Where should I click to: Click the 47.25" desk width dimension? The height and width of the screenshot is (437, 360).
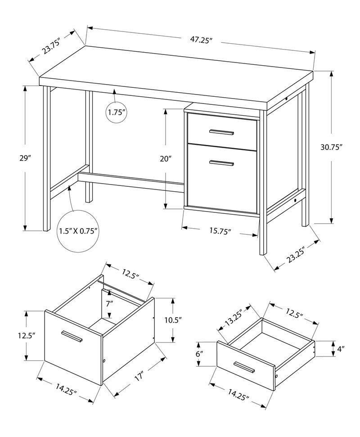(x=201, y=40)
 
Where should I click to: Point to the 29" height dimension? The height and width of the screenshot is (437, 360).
(x=25, y=158)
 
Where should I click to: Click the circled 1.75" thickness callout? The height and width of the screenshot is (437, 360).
(x=116, y=113)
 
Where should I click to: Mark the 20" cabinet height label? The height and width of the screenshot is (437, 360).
(x=166, y=159)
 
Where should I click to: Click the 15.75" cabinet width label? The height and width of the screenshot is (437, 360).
(x=220, y=231)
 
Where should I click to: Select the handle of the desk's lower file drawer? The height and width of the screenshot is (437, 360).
(x=221, y=163)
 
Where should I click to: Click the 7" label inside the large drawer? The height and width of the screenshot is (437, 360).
(x=109, y=303)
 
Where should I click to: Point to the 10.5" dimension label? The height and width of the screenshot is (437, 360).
(x=172, y=320)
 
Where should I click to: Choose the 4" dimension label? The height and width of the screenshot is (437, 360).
(x=341, y=348)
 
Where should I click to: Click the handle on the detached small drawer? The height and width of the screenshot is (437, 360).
(x=244, y=367)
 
